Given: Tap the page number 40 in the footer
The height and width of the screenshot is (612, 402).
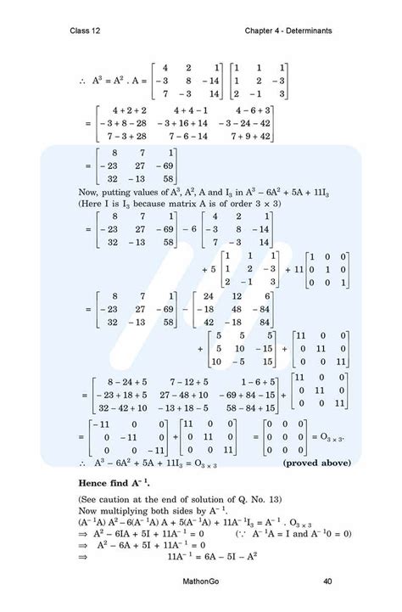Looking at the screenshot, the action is pos(327,581).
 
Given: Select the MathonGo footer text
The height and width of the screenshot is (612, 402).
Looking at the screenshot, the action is pos(201,581).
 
